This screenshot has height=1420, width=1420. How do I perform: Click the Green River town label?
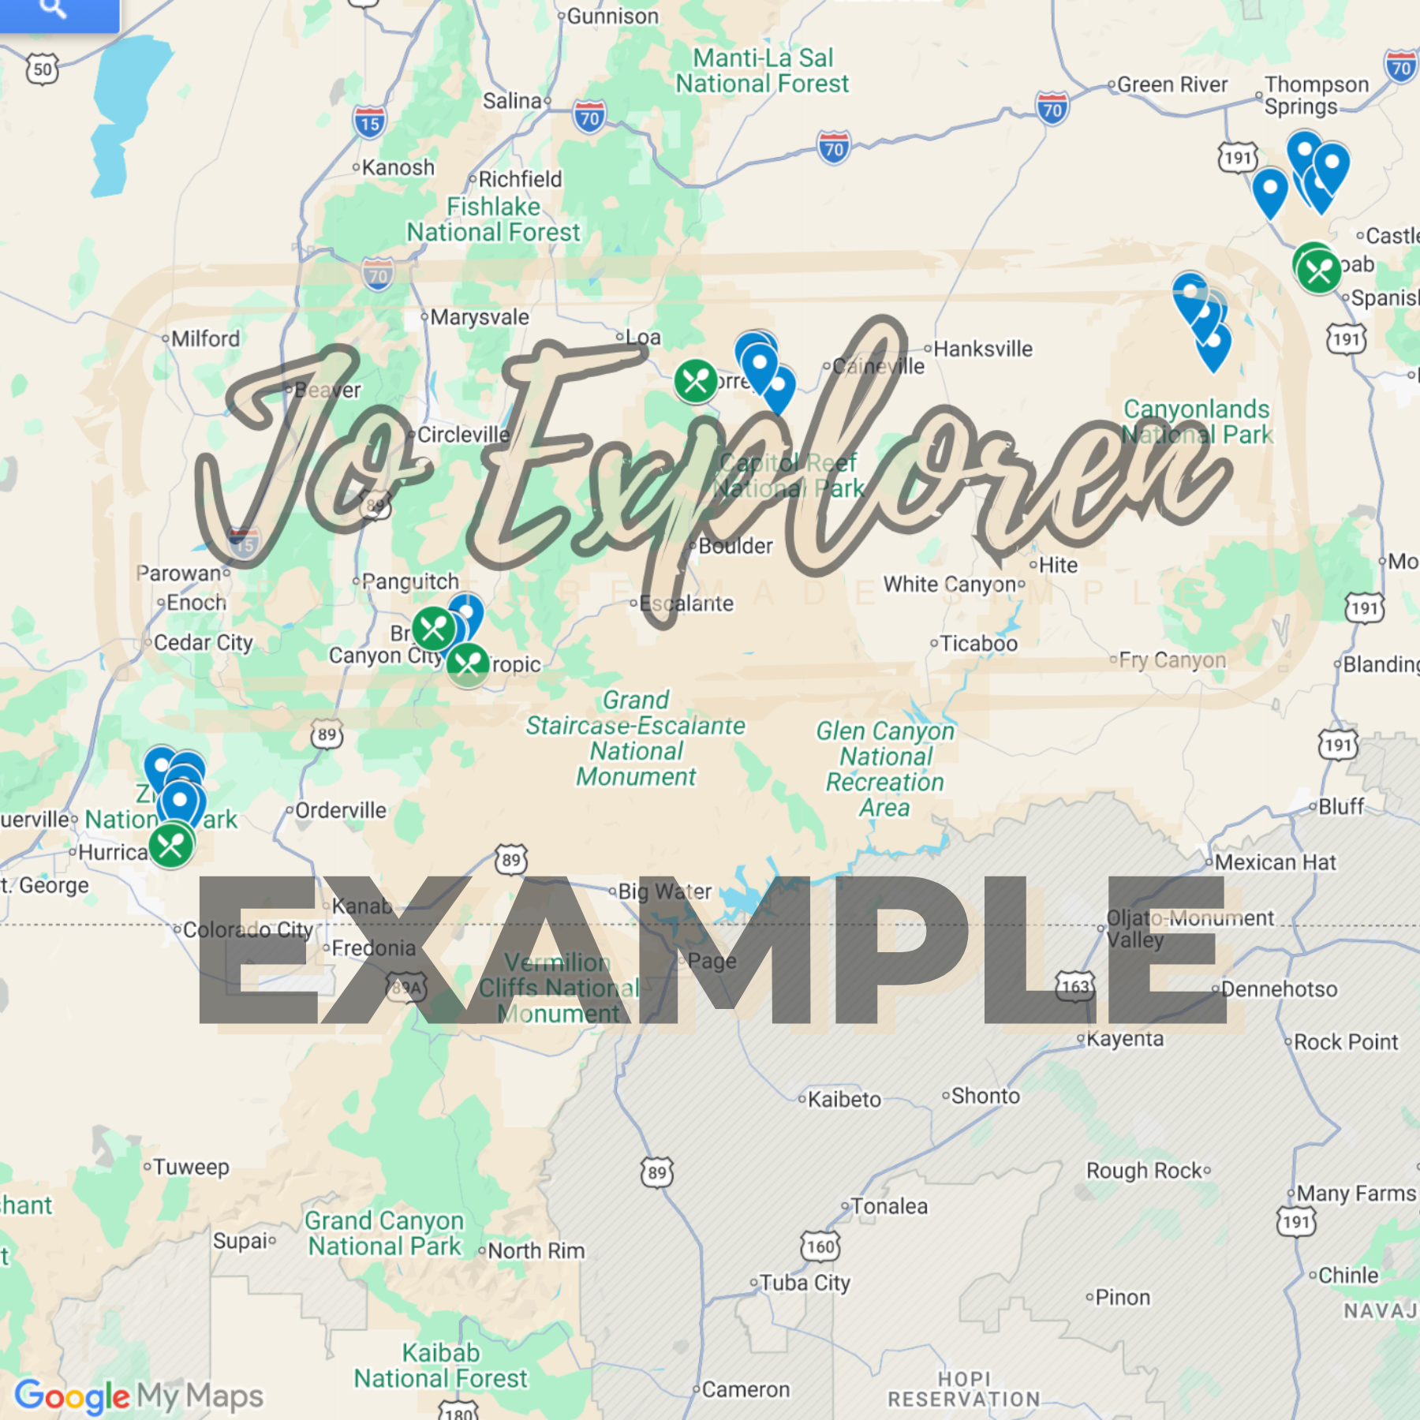point(1171,84)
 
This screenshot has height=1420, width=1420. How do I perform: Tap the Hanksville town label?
point(982,349)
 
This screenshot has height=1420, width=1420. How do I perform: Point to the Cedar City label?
point(203,643)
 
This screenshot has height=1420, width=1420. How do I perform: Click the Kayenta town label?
point(1124,1039)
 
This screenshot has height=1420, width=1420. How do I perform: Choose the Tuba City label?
point(805,1283)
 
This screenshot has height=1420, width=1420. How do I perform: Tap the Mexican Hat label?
point(1275,862)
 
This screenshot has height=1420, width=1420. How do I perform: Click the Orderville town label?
point(340,810)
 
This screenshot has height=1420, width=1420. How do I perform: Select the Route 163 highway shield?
point(1075,986)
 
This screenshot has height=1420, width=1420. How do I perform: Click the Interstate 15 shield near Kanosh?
point(369,122)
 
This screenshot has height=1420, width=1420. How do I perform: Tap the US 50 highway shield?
point(42,69)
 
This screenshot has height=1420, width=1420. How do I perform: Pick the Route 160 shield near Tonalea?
point(820,1246)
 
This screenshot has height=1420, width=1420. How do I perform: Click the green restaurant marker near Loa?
point(696,382)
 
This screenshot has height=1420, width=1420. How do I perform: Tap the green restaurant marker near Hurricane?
point(171,846)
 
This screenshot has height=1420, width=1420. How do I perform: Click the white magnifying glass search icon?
point(53,8)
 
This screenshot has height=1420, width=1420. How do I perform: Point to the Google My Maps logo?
point(139,1396)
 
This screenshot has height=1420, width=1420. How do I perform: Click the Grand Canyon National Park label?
point(384,1233)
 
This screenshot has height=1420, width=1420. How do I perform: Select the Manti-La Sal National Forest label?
point(762,70)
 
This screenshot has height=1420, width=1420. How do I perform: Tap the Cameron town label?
point(745,1389)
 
